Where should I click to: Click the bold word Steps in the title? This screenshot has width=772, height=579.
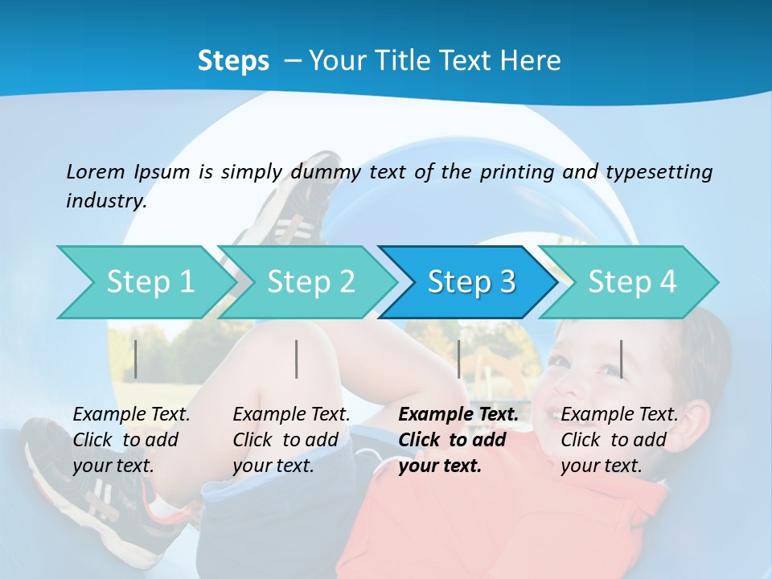(233, 60)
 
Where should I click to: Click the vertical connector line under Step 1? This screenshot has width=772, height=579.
(136, 359)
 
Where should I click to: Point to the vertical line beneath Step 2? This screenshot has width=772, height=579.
(297, 359)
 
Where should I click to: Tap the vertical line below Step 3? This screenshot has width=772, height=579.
(459, 359)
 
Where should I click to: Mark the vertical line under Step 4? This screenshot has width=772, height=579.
(622, 359)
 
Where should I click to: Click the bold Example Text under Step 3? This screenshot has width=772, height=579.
(458, 439)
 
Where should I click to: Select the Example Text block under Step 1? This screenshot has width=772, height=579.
(131, 439)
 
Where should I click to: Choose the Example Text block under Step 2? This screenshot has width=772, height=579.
(291, 439)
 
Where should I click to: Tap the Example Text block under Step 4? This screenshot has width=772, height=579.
(619, 439)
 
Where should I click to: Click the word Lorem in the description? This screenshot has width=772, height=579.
(96, 171)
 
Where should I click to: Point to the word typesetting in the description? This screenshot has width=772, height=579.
(659, 172)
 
